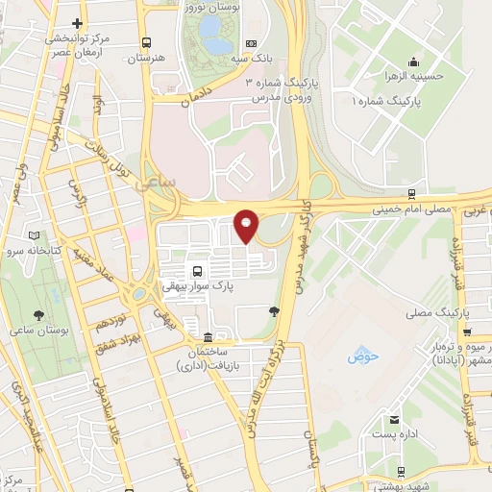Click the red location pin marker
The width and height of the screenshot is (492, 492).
coord(247,225)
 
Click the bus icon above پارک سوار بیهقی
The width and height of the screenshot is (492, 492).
coord(196,270)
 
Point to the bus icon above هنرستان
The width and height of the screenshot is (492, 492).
coord(146,43)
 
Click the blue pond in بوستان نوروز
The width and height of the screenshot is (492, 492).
coord(217,45)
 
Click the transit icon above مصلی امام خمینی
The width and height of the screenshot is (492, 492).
coord(411,192)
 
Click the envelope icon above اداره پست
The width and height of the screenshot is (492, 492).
coord(395,419)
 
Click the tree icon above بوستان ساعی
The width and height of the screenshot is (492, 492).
coord(38,314)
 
